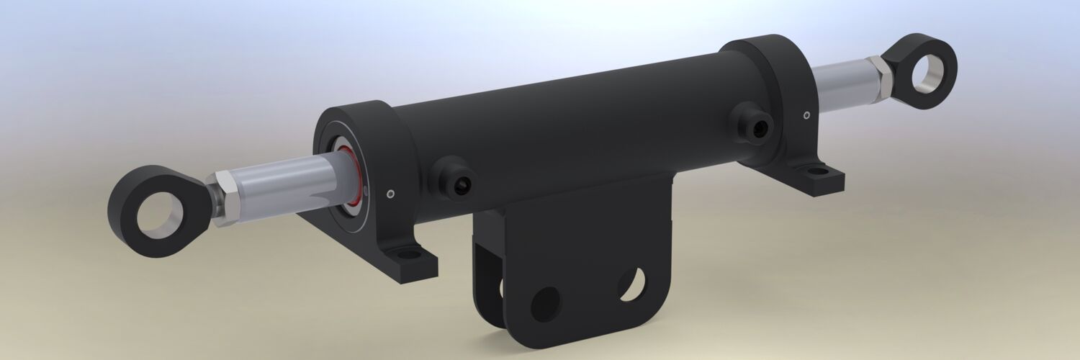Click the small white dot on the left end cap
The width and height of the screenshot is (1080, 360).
[390, 193]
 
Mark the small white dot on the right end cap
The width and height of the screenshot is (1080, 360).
[806, 114]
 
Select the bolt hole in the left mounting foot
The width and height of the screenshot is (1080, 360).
[410, 254]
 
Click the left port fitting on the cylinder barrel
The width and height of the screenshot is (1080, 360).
[459, 184]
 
